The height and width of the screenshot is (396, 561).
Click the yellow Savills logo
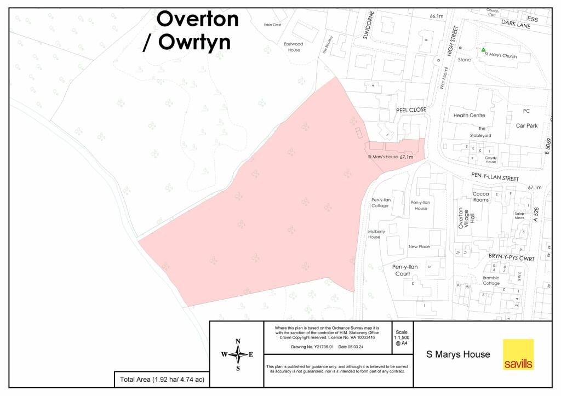click(x=518, y=354)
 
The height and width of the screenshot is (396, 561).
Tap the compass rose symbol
click(x=237, y=354)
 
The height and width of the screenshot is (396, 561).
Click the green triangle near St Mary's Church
click(x=483, y=50)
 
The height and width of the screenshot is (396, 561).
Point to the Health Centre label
click(x=469, y=116)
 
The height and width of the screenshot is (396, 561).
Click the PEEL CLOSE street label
click(x=411, y=110)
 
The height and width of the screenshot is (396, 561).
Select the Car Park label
click(x=526, y=125)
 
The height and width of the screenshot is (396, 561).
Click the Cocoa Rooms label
click(x=480, y=197)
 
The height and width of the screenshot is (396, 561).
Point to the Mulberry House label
click(x=374, y=234)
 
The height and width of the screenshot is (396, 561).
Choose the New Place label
click(x=419, y=246)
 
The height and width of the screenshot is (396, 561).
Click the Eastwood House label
click(x=294, y=47)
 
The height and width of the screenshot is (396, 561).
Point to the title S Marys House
click(x=458, y=354)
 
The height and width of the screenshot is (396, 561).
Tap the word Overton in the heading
click(x=198, y=20)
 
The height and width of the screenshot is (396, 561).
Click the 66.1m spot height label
click(x=437, y=16)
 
